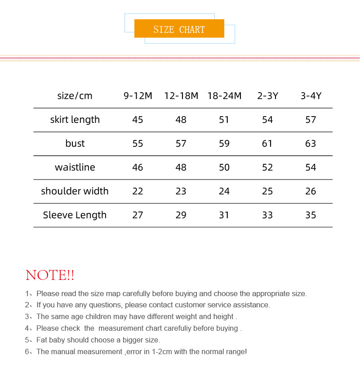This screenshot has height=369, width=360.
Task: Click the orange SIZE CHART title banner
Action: [x=179, y=29]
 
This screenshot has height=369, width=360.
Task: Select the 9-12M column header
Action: [x=138, y=96]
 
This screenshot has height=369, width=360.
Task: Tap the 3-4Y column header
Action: [x=311, y=96]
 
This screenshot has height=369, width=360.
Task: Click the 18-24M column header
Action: [x=224, y=96]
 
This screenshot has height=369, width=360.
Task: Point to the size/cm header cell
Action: [x=75, y=96]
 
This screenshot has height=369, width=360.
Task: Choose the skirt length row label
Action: [x=75, y=120]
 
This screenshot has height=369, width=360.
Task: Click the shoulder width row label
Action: [x=75, y=191]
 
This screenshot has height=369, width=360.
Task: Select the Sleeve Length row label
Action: [x=75, y=215]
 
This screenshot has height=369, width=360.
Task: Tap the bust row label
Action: [x=75, y=144]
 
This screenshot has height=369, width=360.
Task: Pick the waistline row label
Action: [x=75, y=167]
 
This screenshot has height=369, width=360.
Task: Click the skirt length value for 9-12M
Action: [x=138, y=120]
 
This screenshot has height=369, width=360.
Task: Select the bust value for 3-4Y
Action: [x=311, y=144]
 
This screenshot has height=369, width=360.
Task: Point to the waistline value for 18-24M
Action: [x=224, y=167]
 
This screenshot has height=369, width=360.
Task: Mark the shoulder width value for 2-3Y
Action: [x=267, y=191]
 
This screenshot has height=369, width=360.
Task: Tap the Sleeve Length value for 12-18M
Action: [x=181, y=215]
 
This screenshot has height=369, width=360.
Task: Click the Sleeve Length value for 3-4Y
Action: [x=311, y=215]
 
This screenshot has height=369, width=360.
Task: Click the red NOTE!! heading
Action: [x=50, y=275]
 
